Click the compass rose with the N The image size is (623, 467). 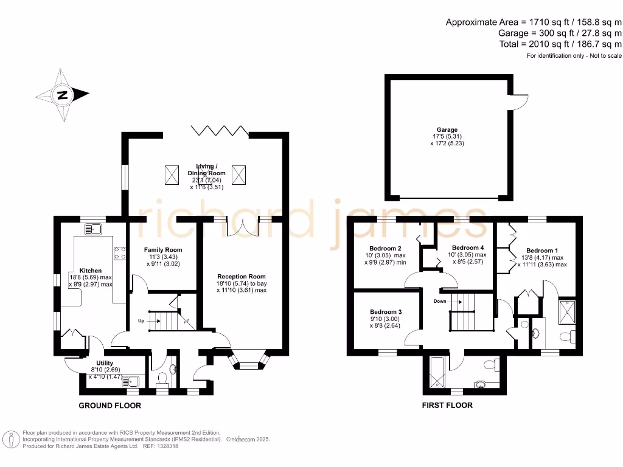point(62,95)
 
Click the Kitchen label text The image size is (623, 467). point(90,271)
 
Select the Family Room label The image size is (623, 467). point(162,250)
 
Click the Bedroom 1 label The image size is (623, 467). point(542,251)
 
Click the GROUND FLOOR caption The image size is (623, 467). point(110,406)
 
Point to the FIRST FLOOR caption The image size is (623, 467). point(447,406)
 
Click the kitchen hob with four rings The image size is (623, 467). point(119,252)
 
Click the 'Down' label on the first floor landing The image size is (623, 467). point(441,301)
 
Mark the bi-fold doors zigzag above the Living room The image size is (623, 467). point(220,131)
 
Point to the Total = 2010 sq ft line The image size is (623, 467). point(560,44)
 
